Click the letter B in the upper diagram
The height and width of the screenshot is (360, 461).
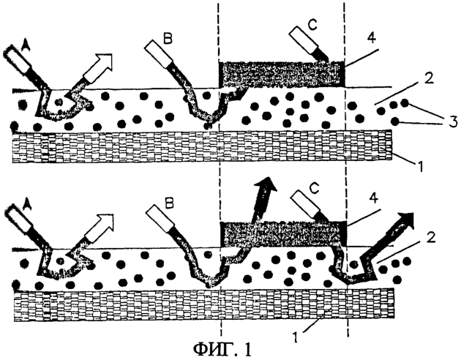point(168,40)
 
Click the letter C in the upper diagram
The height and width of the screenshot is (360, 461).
point(312,26)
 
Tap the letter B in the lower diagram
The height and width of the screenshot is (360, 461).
point(170,203)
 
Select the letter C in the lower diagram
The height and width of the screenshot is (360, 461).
point(315,190)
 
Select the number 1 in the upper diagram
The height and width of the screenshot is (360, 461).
point(420,167)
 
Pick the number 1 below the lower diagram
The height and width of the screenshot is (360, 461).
point(296,337)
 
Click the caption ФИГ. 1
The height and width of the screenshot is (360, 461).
point(222,349)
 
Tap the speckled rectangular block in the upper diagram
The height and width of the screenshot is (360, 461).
point(282,75)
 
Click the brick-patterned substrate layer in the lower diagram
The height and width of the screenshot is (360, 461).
point(204,305)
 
